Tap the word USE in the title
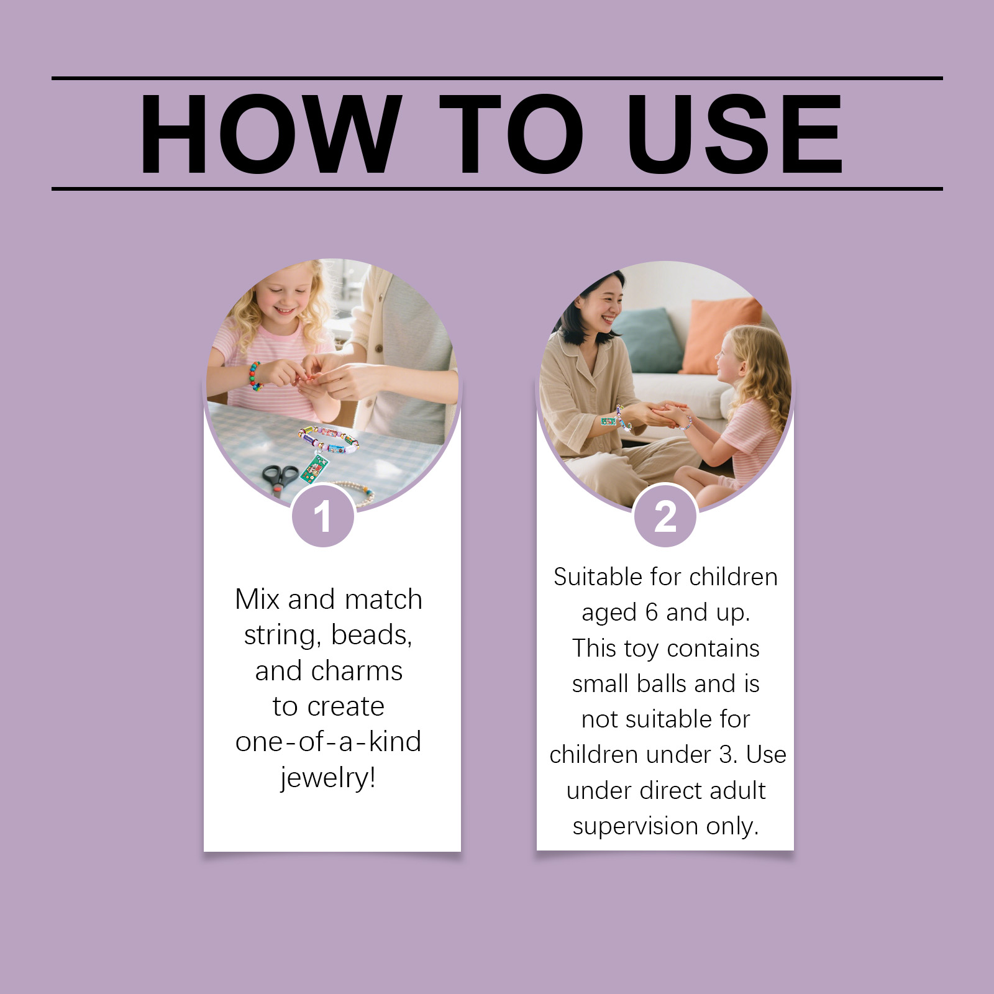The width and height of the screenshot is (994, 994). coord(735,134)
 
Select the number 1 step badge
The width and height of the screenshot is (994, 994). coord(323,516)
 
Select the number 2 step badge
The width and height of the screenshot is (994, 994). coord(665,516)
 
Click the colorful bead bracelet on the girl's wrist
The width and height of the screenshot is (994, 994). coord(255,376)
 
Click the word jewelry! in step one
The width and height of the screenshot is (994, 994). coord(328,777)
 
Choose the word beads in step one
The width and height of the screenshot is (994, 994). coord(372,635)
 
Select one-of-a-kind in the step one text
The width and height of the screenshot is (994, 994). coord(328,742)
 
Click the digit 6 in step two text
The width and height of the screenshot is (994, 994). coord(651,613)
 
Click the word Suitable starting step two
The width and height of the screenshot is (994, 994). coord(598,577)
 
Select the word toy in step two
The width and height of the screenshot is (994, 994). coord(641,649)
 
